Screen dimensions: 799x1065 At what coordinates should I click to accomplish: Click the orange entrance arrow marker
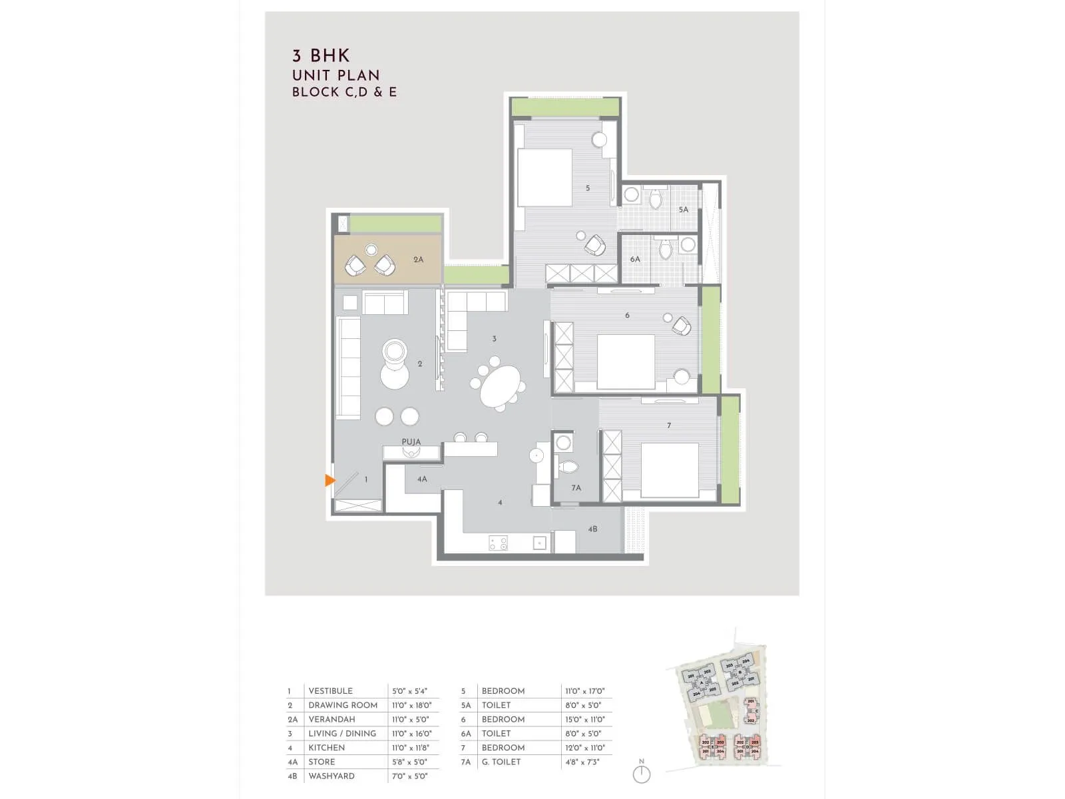click(329, 480)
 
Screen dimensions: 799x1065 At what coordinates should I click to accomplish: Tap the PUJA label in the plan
click(411, 441)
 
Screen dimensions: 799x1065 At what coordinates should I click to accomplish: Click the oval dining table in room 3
click(501, 387)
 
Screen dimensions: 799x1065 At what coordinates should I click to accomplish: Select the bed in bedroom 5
click(544, 177)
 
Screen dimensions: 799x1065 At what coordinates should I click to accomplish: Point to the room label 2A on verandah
click(418, 260)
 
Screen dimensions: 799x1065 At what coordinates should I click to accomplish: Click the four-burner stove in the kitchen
click(498, 543)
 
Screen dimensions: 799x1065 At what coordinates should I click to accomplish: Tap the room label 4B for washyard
click(592, 529)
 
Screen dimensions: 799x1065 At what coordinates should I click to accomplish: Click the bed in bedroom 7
click(669, 470)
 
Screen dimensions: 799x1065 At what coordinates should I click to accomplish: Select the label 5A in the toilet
click(684, 210)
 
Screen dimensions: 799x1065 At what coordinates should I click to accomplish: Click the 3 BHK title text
click(321, 56)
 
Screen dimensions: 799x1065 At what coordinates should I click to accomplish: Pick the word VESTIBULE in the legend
click(330, 691)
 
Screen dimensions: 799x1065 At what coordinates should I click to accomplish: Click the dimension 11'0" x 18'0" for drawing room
click(411, 705)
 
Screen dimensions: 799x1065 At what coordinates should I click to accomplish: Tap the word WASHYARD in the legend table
click(331, 776)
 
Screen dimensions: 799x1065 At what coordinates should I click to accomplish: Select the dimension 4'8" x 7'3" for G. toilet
click(582, 762)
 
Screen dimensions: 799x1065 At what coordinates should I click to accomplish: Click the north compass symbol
click(642, 774)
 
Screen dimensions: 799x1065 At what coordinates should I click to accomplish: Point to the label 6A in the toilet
click(635, 260)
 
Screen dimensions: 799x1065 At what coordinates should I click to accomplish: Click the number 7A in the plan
click(576, 488)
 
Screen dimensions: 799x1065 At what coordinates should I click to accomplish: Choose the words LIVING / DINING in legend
click(342, 734)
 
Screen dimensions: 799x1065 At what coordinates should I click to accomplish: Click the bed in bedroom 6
click(626, 362)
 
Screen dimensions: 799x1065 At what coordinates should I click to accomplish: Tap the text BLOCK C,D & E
click(344, 92)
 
